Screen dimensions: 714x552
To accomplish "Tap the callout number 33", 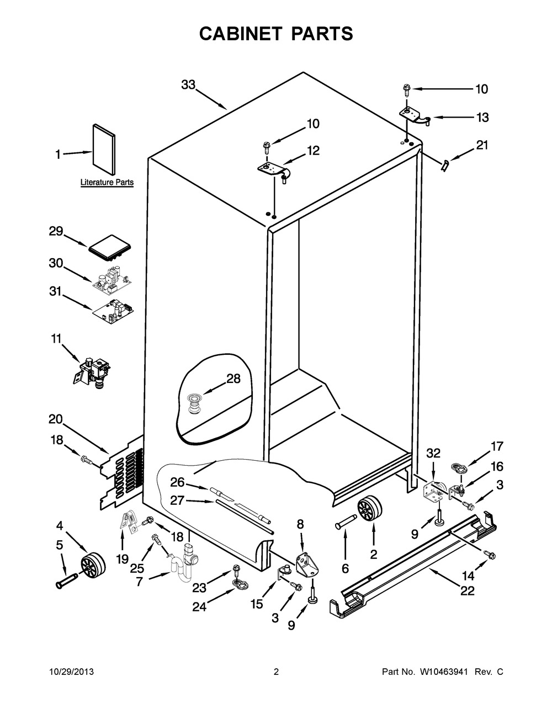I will [x=188, y=85].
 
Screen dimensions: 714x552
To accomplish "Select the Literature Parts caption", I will [x=107, y=182].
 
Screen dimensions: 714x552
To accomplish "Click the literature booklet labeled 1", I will [x=103, y=148].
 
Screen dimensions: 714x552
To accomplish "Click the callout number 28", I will [x=233, y=379].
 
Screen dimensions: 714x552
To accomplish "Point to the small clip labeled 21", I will [x=445, y=164].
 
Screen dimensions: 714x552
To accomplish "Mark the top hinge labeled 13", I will [x=412, y=114].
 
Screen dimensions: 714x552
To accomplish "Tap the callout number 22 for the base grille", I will [x=468, y=591].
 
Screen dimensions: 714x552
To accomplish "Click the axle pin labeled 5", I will [x=65, y=583].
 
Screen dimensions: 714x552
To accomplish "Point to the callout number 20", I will [x=55, y=419].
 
